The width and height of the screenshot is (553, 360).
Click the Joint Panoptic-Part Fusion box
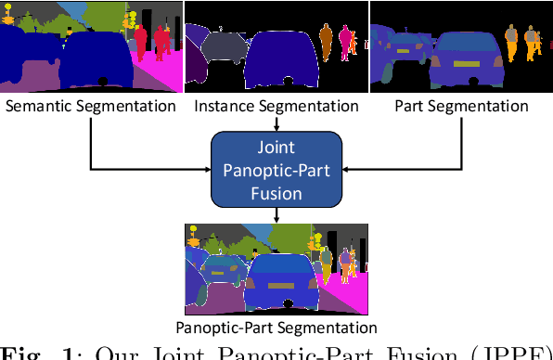[276, 169]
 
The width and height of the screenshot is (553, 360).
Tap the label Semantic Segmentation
[91, 106]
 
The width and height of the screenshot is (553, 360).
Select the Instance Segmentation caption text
[276, 106]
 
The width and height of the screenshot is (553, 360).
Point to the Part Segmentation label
[461, 106]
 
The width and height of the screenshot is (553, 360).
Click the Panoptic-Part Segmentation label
[276, 327]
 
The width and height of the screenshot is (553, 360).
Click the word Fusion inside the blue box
[276, 193]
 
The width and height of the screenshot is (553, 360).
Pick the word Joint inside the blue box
[276, 147]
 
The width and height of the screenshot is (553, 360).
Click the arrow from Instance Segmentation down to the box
[276, 123]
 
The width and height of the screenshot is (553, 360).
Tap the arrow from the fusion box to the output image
[276, 215]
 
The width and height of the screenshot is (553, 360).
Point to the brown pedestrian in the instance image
[326, 41]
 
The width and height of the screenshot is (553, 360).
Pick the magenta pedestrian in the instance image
[347, 42]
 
